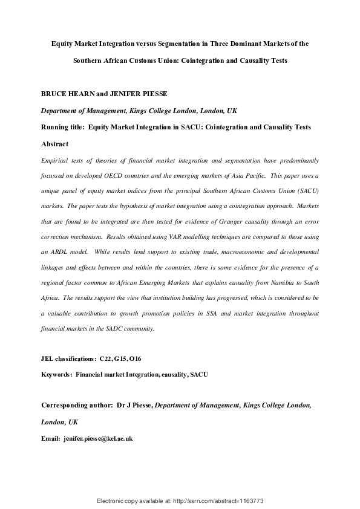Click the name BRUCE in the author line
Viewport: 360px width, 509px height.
click(x=53, y=95)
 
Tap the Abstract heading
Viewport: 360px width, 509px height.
click(x=54, y=144)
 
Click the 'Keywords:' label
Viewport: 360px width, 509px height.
click(x=56, y=375)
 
